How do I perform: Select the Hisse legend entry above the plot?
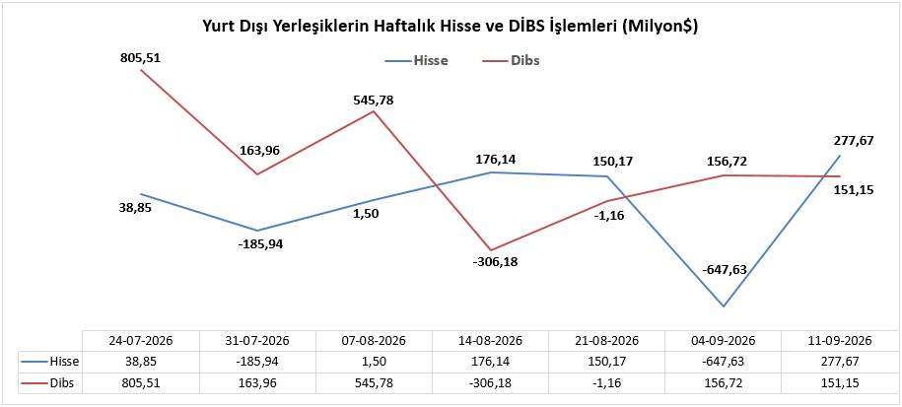click(x=416, y=61)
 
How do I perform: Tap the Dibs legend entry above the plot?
click(x=508, y=61)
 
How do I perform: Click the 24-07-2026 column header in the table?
click(x=140, y=340)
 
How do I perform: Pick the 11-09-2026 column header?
click(x=840, y=340)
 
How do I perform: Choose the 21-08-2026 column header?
click(x=607, y=340)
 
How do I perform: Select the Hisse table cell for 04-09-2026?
click(x=724, y=362)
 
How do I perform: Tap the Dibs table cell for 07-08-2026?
click(x=374, y=382)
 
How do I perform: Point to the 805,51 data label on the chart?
click(x=142, y=57)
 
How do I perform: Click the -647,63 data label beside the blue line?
click(x=724, y=270)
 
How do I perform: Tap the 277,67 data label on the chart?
click(x=852, y=140)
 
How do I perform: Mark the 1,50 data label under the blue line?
click(x=367, y=214)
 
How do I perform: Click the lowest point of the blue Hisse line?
click(x=724, y=306)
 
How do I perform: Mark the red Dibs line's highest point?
click(x=142, y=70)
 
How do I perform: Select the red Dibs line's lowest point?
click(x=491, y=250)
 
